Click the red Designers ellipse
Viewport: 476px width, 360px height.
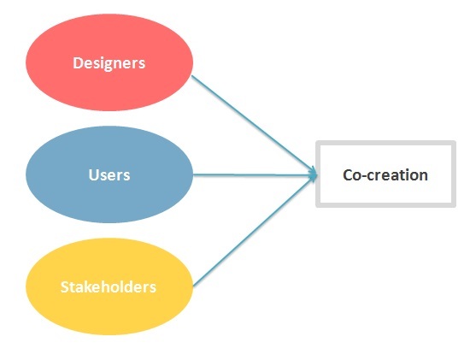(109, 62)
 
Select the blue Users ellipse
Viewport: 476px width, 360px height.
(109, 174)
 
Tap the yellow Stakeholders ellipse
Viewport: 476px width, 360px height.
(109, 286)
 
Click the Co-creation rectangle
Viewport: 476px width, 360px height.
(385, 174)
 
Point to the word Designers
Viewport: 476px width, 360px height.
(109, 63)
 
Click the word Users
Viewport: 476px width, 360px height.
(109, 175)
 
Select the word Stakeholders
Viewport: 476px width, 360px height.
(109, 287)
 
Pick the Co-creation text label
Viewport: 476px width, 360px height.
(385, 175)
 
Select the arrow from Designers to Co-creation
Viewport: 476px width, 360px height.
(254, 125)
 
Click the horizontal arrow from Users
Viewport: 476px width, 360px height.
(255, 174)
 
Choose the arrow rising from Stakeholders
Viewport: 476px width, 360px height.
(255, 231)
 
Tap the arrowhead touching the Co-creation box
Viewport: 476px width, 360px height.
(314, 175)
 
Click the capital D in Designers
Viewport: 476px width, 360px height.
(78, 62)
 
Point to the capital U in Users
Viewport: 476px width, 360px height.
(94, 175)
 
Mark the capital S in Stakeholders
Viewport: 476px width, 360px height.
(65, 287)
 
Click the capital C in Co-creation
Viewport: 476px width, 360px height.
(348, 175)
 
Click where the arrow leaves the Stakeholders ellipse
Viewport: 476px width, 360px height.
(193, 286)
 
